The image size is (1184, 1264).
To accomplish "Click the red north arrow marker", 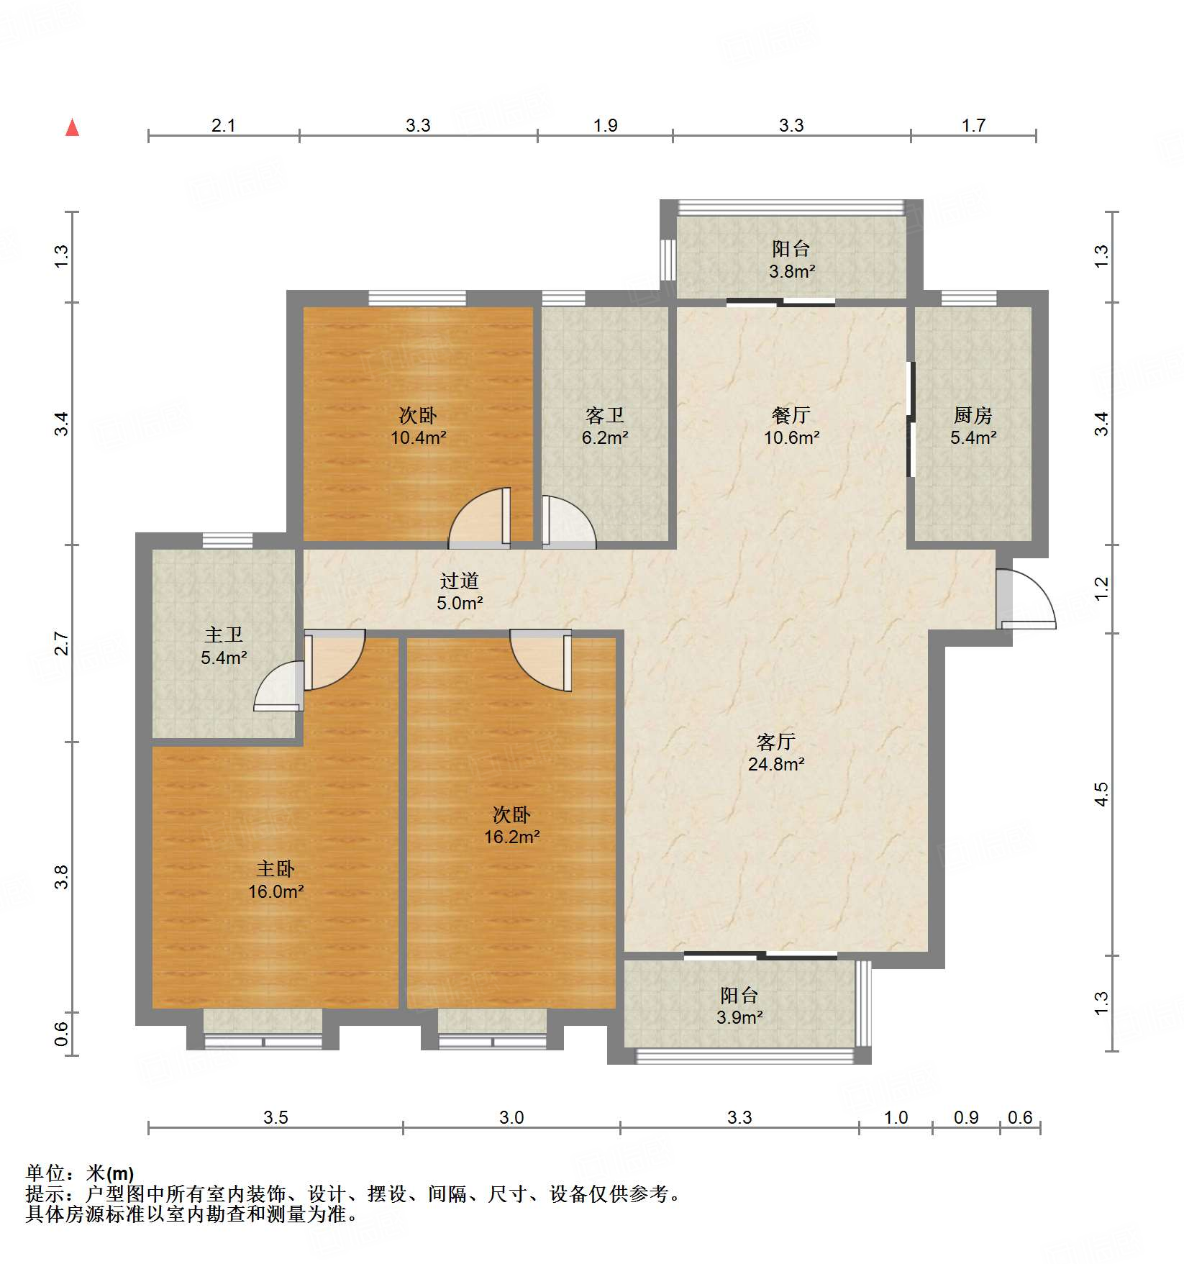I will coord(72,128).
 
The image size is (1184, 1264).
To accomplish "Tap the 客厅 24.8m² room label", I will coord(775,753).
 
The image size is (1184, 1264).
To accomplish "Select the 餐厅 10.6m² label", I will coord(791,426).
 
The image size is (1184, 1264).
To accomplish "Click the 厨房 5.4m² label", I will coord(973,426).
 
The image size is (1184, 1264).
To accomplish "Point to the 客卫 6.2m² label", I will coord(604,426).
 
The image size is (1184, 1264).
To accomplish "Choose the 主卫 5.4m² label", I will coord(224,645).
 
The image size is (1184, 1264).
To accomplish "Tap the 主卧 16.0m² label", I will coord(275,880).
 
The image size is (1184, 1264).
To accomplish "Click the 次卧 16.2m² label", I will coord(511,825).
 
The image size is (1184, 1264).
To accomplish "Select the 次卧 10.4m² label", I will coord(418,426).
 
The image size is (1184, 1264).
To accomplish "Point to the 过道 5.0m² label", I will coord(460,591).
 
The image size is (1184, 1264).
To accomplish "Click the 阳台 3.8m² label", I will coord(791,260).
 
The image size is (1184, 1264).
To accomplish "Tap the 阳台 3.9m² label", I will coord(739,1006).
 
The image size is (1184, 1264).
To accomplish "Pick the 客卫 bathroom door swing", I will coord(568,522).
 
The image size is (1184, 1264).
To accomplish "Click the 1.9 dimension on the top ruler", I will coord(605,125).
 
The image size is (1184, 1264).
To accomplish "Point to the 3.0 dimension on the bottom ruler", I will coord(511,1117).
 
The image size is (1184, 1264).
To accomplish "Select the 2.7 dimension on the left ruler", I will coord(62,643).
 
